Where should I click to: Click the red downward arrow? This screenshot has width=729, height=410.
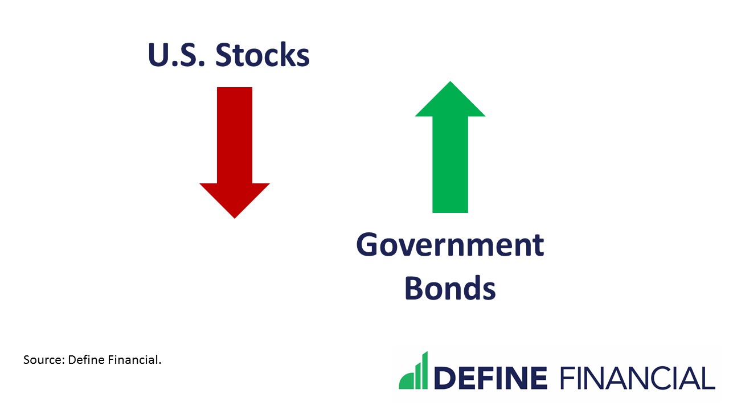coord(234,154)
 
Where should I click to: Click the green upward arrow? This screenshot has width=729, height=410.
coord(450,148)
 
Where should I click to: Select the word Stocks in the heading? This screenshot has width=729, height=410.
coord(263,55)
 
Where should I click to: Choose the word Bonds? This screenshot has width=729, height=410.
coord(450,288)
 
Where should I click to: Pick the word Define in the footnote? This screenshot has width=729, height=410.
coord(84,360)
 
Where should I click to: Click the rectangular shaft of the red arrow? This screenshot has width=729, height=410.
coord(234,134)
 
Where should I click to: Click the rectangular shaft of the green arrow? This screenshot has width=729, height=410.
coord(450,165)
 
